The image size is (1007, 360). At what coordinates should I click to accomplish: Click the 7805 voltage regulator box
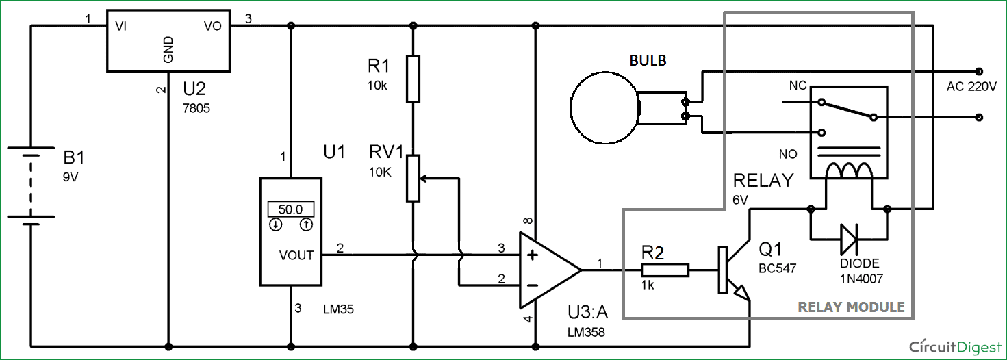coord(168,40)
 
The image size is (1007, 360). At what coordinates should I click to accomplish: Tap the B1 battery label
coord(74,159)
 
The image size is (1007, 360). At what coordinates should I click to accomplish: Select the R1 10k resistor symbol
coord(412,79)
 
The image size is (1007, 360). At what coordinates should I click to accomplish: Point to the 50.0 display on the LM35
coord(290,209)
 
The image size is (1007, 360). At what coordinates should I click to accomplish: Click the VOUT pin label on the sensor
coord(296,255)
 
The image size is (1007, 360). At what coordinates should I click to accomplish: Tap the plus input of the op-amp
coord(531,256)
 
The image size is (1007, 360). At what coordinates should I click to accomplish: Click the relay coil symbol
coord(848,170)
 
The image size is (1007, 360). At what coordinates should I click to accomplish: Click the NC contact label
coord(798,86)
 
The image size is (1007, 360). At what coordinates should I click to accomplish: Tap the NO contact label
coord(788,154)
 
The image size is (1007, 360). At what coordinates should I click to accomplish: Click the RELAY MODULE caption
coord(851,307)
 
